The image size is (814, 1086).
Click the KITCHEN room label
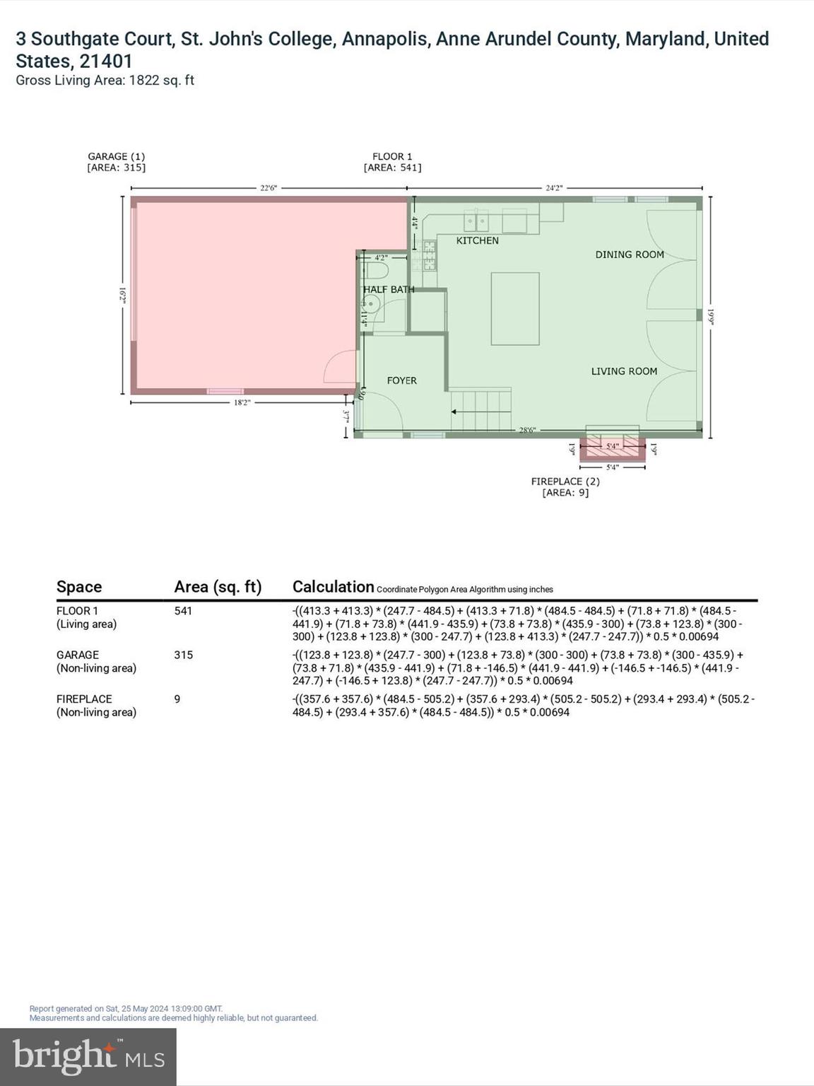pos(478,240)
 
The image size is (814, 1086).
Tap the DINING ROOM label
pos(630,255)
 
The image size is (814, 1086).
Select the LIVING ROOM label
pos(624,371)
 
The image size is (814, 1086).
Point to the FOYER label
pos(401,380)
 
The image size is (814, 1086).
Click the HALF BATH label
pos(389,289)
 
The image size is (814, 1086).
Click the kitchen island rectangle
pos(515,308)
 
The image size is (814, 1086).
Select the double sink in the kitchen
pos(476,222)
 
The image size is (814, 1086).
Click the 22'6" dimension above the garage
pos(269,188)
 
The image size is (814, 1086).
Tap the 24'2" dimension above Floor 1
pos(554,188)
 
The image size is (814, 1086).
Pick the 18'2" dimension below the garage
pos(242,402)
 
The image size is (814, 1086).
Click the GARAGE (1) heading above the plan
pos(116,156)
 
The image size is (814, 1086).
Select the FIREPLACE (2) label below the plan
pos(565,481)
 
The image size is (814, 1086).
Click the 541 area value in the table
pos(183,611)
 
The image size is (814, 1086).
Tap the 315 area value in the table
pos(183,655)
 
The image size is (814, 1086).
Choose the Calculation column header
pos(333,587)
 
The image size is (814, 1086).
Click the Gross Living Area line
pos(105,81)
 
